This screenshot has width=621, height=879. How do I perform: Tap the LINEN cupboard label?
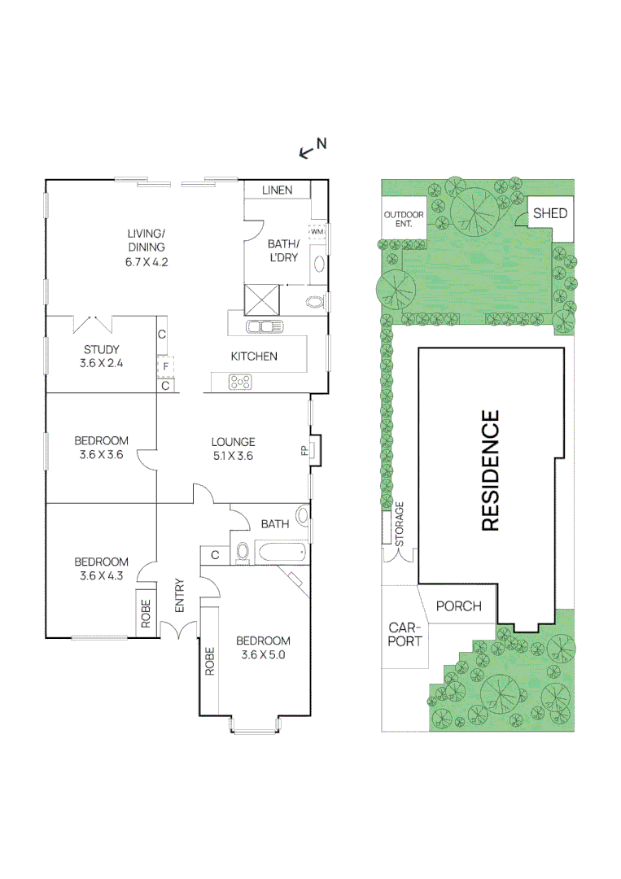[277, 190]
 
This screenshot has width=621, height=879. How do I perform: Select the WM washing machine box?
[317, 231]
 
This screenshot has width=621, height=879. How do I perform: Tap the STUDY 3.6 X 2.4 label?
[102, 356]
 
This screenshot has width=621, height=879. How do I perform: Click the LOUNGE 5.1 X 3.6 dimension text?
[233, 449]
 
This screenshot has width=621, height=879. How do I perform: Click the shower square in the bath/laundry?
[262, 299]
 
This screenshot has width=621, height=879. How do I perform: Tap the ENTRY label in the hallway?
[179, 596]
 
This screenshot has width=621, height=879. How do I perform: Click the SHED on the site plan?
[550, 213]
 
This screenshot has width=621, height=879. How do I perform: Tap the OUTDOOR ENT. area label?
[404, 218]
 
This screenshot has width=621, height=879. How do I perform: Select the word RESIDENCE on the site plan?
[490, 471]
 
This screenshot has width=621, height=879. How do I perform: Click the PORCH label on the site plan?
[459, 606]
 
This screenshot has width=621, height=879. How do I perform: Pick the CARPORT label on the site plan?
[405, 635]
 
